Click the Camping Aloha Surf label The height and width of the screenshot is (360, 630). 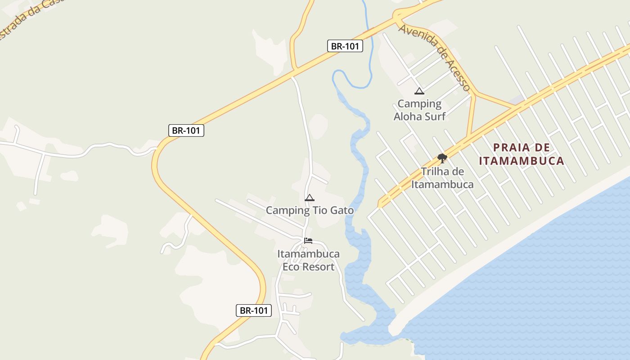419,110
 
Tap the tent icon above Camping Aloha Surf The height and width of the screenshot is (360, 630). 419,91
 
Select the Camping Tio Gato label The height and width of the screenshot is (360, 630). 310,210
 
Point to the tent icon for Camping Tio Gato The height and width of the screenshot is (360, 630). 310,198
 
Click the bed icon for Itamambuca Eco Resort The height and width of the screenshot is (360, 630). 308,241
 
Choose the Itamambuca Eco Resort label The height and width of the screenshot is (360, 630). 308,260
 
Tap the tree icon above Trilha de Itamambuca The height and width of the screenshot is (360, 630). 442,158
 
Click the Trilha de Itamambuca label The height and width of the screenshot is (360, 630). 442,178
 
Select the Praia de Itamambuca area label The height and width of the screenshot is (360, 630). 522,154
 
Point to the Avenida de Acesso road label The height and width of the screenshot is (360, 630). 435,57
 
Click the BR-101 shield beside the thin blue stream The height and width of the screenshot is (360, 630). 345,46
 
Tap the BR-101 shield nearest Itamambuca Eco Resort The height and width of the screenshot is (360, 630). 254,310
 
